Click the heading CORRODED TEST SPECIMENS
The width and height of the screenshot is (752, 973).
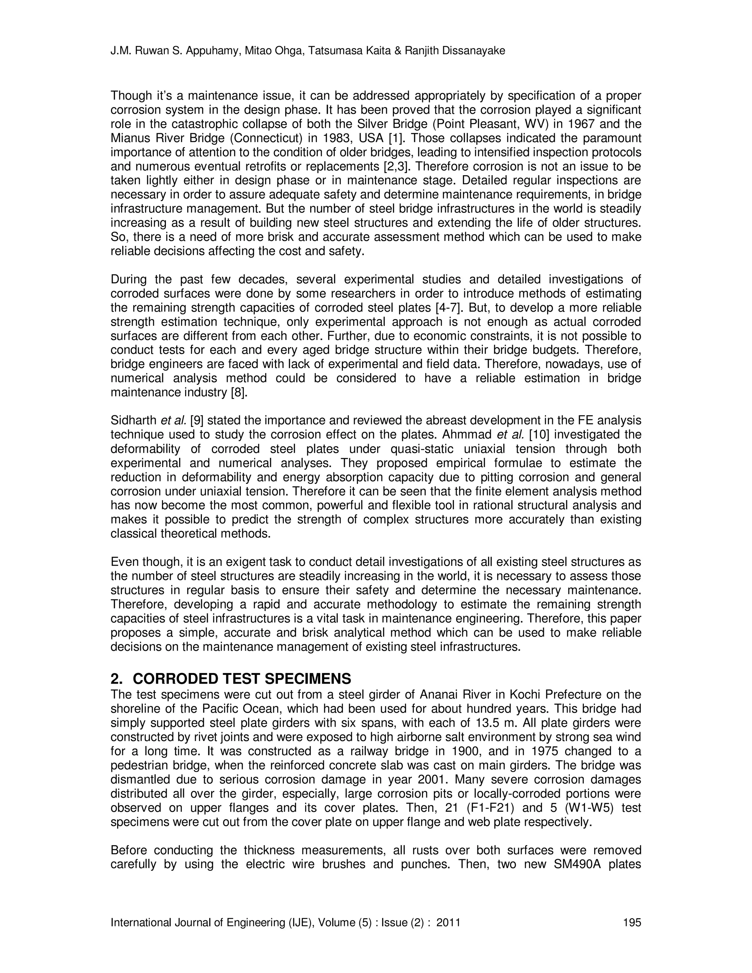pos(242,679)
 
